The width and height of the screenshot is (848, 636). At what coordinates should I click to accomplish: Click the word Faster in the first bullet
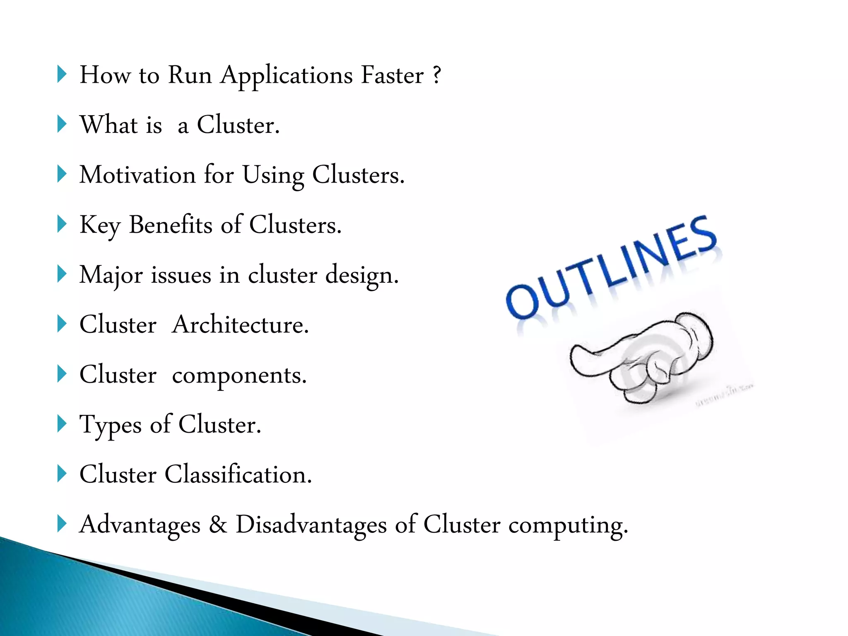coord(392,75)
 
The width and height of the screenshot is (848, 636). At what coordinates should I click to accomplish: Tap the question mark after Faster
coord(436,75)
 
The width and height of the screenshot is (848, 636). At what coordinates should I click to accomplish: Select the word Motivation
coord(137,175)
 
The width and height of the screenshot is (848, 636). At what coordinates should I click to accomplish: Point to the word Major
coord(111,275)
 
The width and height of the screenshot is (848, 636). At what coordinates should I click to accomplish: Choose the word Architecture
coord(240,325)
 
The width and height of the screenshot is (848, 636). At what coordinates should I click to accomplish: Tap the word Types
coord(111,426)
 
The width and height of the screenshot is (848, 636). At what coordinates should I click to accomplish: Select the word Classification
coord(238,475)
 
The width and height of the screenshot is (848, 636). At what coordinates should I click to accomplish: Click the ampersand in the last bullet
coord(218,524)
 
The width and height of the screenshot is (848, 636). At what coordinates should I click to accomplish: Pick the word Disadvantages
coord(311,525)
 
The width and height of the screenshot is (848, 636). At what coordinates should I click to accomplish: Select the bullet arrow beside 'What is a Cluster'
coord(62,124)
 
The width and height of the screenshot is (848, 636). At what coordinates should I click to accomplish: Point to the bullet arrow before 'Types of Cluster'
coord(62,424)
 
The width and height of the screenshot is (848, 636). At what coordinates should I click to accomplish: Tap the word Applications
coord(287,76)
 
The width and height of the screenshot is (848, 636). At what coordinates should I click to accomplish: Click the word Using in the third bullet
coord(273,176)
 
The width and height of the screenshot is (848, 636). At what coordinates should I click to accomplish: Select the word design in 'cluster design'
coord(361,276)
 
